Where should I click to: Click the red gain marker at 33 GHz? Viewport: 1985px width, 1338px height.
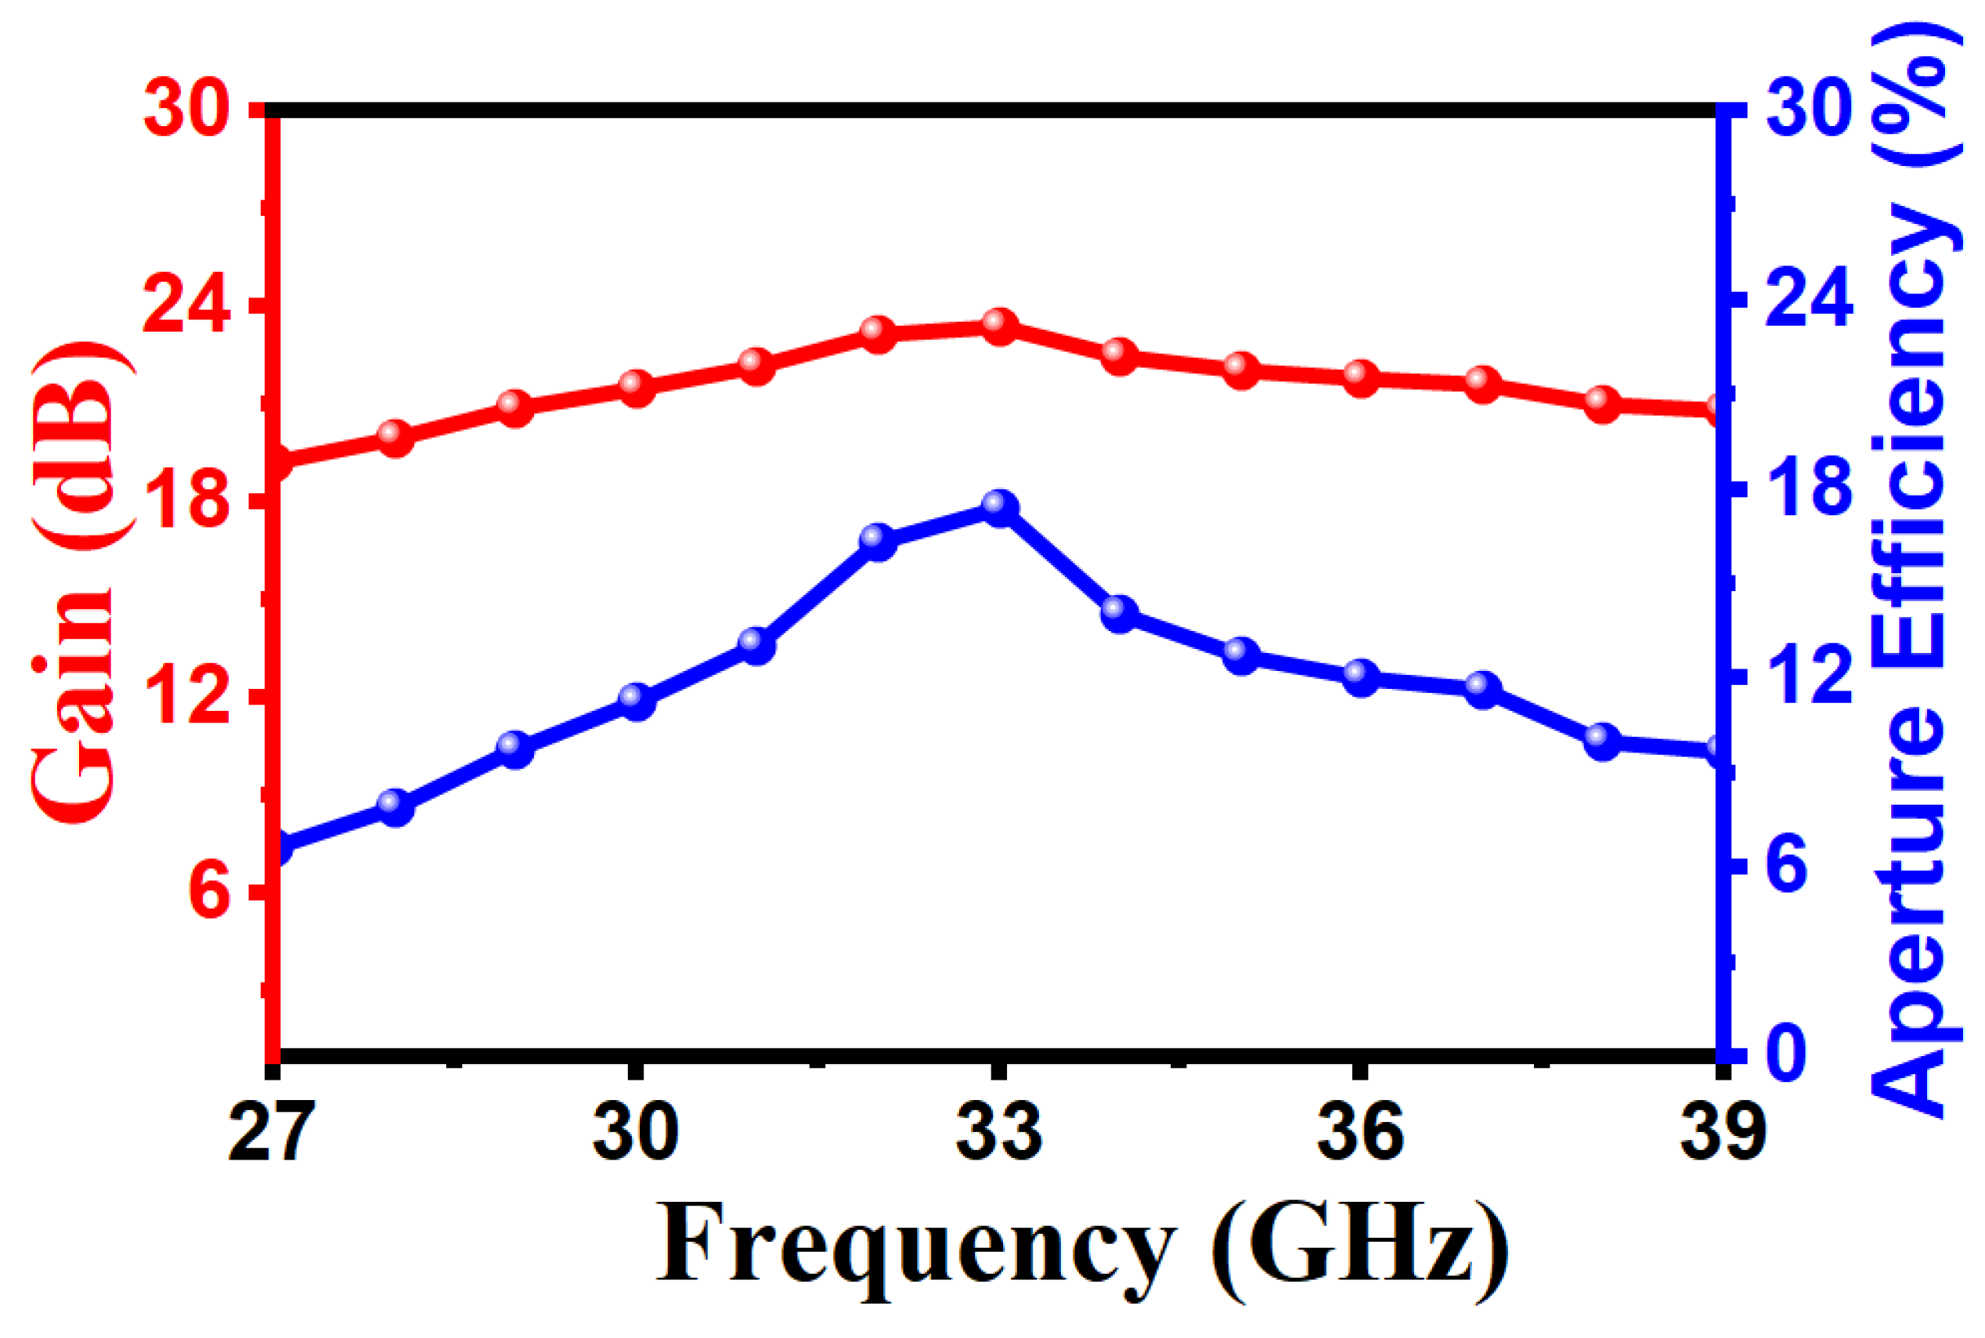[x=998, y=326]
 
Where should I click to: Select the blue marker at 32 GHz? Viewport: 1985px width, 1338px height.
[x=877, y=541]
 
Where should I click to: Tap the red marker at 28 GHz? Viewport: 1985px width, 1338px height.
[x=395, y=438]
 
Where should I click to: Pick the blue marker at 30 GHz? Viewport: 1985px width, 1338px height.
[x=637, y=701]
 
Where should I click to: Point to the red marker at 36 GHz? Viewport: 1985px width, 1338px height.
[x=1361, y=377]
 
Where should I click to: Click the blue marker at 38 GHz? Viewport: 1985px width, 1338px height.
[x=1603, y=741]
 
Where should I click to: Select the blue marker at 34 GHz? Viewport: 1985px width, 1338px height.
[x=1120, y=613]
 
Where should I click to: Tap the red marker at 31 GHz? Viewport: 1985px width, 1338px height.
[x=757, y=365]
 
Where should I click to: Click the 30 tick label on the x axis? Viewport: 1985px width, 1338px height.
[x=637, y=1131]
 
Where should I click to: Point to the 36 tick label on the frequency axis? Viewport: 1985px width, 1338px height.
[x=1361, y=1131]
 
